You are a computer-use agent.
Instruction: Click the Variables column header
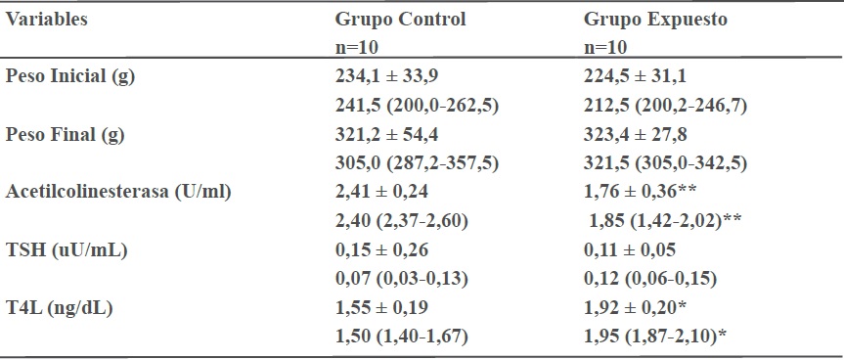tap(46, 20)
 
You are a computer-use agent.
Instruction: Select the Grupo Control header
tap(400, 20)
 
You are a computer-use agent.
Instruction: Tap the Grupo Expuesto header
tap(655, 20)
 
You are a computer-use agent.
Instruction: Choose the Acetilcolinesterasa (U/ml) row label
tap(117, 191)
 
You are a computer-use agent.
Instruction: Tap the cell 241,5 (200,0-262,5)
tap(417, 105)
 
